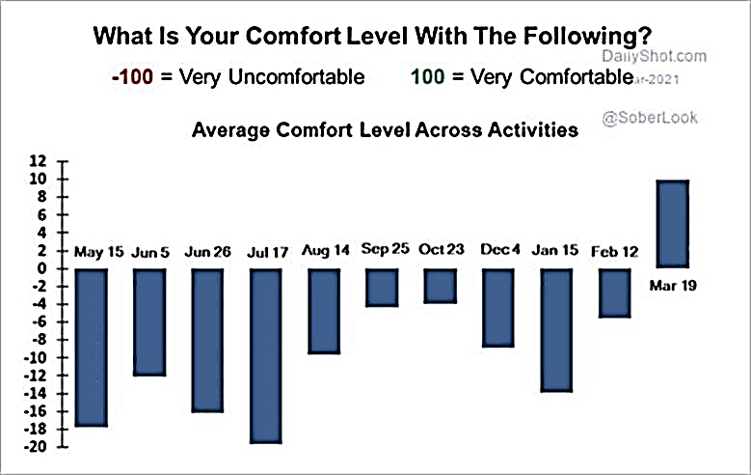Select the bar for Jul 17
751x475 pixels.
pos(266,355)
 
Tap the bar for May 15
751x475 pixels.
pos(91,347)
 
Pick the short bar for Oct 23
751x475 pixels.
pos(441,286)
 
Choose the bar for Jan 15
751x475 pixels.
pos(557,329)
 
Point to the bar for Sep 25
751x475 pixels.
pos(382,287)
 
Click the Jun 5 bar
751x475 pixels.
pos(149,321)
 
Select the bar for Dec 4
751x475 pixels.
pos(498,307)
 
